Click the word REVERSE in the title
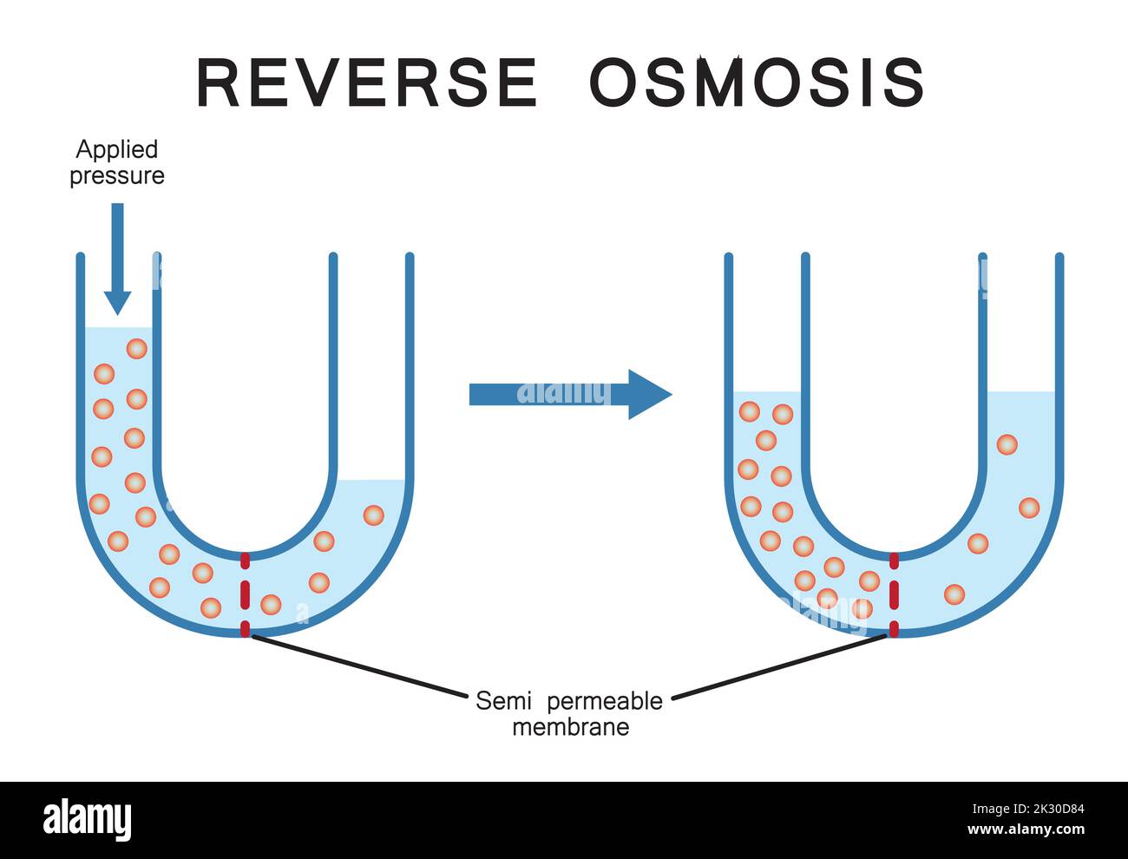[x=367, y=82]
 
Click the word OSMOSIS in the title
[x=757, y=82]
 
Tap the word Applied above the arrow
[x=116, y=150]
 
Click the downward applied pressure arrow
[x=118, y=259]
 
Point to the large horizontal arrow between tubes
[x=570, y=395]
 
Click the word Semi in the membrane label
[x=503, y=701]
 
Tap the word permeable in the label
[x=605, y=702]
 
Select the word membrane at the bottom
[x=571, y=727]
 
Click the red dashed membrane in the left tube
[x=246, y=595]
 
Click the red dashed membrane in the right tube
[x=895, y=595]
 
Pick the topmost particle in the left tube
[x=137, y=349]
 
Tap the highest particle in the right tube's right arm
[x=1007, y=444]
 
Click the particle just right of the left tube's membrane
[x=271, y=605]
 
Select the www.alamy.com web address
[x=1026, y=829]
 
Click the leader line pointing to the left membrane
[x=359, y=667]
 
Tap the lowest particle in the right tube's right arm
[x=954, y=594]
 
